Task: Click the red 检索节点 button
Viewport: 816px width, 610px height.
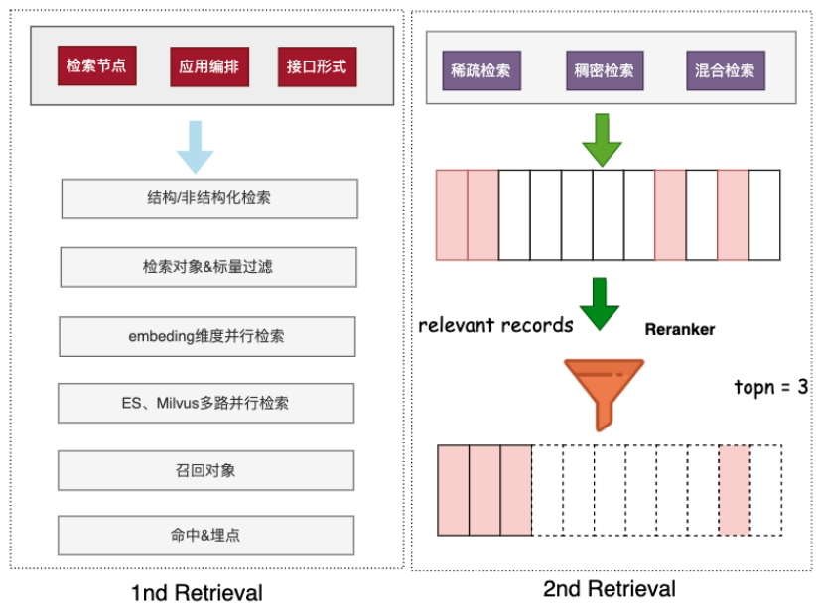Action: coord(96,67)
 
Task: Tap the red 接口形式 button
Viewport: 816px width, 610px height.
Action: coord(316,67)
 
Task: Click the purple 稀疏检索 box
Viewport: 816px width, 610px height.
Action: coord(481,70)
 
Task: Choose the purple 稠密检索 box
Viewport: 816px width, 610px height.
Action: coord(604,70)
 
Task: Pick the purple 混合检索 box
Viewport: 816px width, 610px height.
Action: coord(725,70)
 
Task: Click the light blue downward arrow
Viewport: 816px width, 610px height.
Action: coord(195,146)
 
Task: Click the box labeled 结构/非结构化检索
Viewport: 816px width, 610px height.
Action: coord(208,198)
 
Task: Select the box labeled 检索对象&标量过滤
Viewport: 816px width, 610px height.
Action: coord(207,267)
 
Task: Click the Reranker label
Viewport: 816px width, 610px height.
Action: coord(679,329)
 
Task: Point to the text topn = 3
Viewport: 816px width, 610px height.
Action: coord(770,387)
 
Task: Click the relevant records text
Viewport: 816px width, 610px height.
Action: coord(495,325)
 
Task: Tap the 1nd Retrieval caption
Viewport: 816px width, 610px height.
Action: coord(197,593)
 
